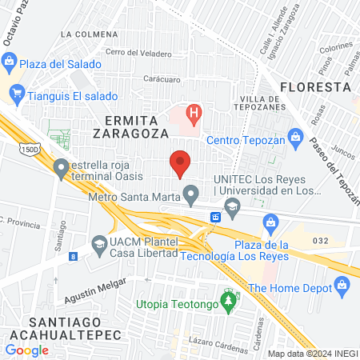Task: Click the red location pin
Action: tap(180, 162)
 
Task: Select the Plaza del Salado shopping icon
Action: tap(10, 61)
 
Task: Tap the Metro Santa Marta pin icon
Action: tap(190, 193)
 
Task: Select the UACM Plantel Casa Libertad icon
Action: tap(99, 245)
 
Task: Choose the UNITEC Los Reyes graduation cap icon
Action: tap(233, 208)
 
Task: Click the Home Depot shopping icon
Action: tap(342, 284)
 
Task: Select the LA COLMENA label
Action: tap(89, 34)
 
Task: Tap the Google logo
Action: tap(27, 350)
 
